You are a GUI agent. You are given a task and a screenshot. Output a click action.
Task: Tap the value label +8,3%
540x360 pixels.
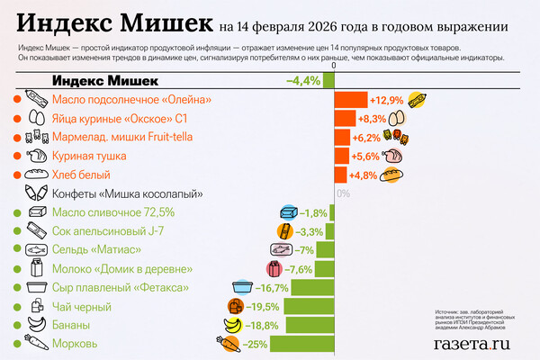(372, 118)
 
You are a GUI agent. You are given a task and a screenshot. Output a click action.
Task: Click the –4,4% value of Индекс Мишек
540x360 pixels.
(303, 81)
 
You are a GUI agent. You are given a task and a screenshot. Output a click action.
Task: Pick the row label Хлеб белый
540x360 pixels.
(81, 175)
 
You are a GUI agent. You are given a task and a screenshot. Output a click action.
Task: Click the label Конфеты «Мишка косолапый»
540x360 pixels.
(127, 193)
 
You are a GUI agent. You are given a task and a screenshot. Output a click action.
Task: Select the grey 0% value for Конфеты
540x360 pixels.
(343, 193)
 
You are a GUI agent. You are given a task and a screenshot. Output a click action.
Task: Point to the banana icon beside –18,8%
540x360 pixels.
(232, 326)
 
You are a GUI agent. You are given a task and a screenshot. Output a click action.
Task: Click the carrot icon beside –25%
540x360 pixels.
(228, 344)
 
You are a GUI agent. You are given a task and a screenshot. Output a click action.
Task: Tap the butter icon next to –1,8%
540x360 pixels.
(289, 212)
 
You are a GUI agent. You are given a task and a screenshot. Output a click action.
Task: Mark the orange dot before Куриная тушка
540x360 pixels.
(17, 156)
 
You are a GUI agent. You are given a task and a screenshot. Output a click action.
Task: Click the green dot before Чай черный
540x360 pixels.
(17, 307)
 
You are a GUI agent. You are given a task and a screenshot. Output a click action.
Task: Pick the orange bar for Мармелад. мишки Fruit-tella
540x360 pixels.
(342, 137)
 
